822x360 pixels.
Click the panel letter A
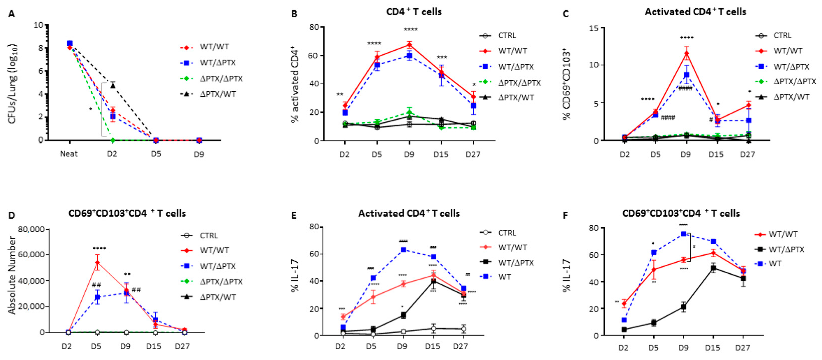[x=11, y=14]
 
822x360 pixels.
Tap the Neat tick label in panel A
[x=69, y=154]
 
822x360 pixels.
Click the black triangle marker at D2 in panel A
[x=113, y=85]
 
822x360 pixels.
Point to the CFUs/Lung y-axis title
[x=12, y=84]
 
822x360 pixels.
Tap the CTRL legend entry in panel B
[x=507, y=35]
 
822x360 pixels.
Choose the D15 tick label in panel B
[x=441, y=154]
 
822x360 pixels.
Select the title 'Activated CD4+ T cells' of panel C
[x=695, y=12]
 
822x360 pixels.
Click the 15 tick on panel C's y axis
[x=594, y=28]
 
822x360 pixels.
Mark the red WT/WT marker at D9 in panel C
[x=686, y=53]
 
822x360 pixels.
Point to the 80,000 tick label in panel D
[x=31, y=229]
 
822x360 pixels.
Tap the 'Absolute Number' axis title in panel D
[x=12, y=275]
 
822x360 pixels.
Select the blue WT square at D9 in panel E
[x=403, y=250]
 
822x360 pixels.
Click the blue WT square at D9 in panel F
[x=684, y=234]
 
